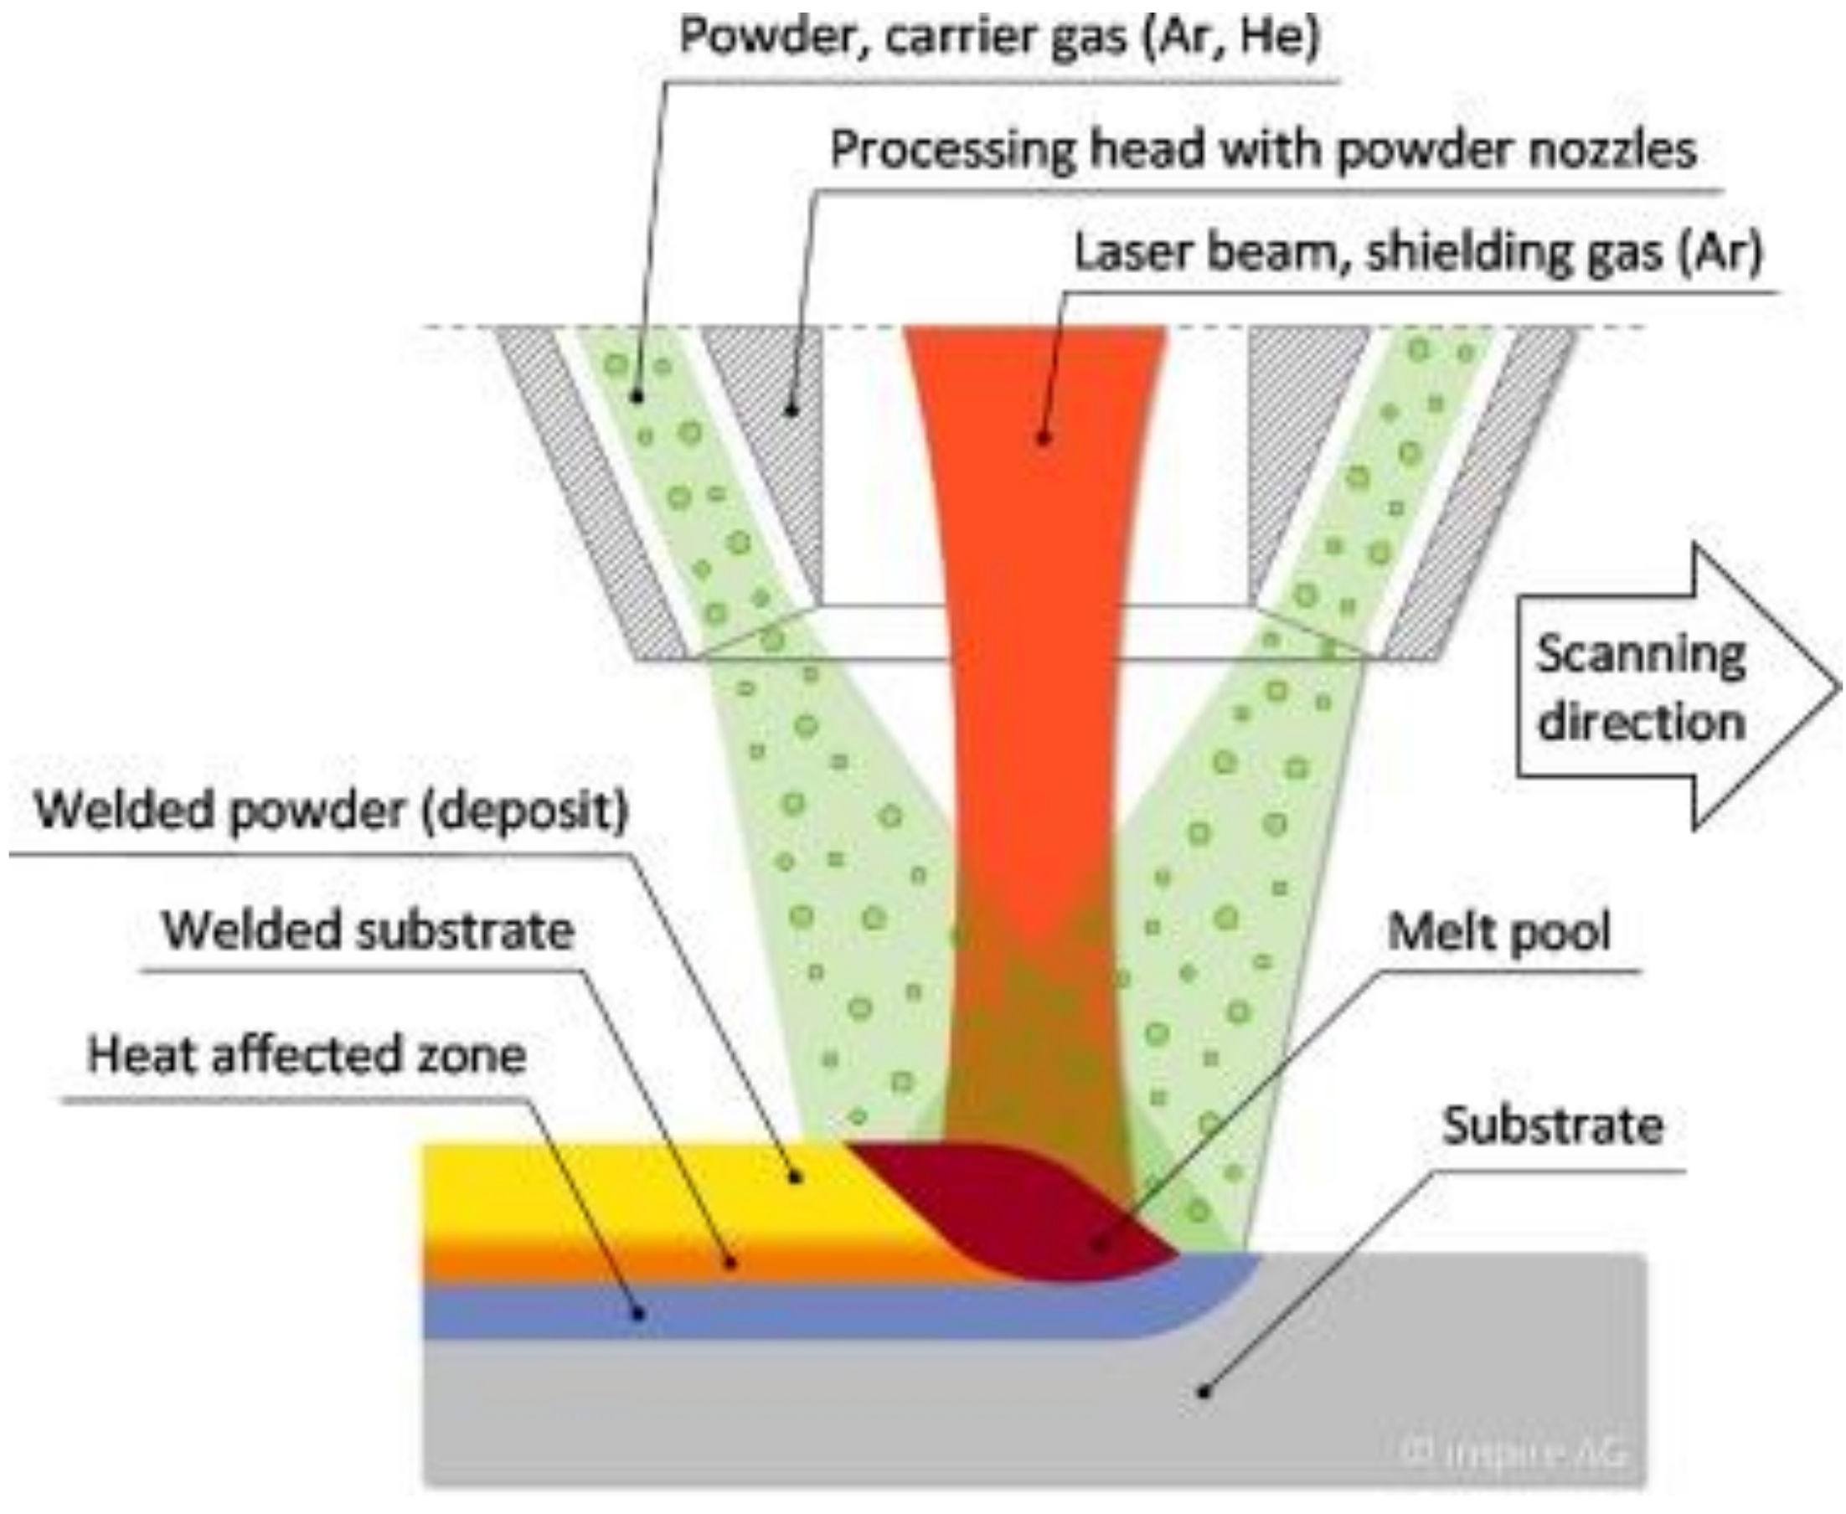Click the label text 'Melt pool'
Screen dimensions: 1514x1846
(1498, 931)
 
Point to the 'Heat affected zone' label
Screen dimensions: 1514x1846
(307, 1054)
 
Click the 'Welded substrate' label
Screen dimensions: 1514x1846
(369, 930)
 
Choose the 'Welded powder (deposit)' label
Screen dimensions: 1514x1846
(332, 811)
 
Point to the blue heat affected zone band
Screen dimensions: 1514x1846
(698, 1312)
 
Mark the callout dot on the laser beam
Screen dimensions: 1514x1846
(1043, 439)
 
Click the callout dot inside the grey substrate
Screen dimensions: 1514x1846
(1204, 1392)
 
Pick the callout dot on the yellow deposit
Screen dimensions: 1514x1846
(795, 1178)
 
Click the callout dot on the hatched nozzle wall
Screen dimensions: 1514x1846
(792, 408)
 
